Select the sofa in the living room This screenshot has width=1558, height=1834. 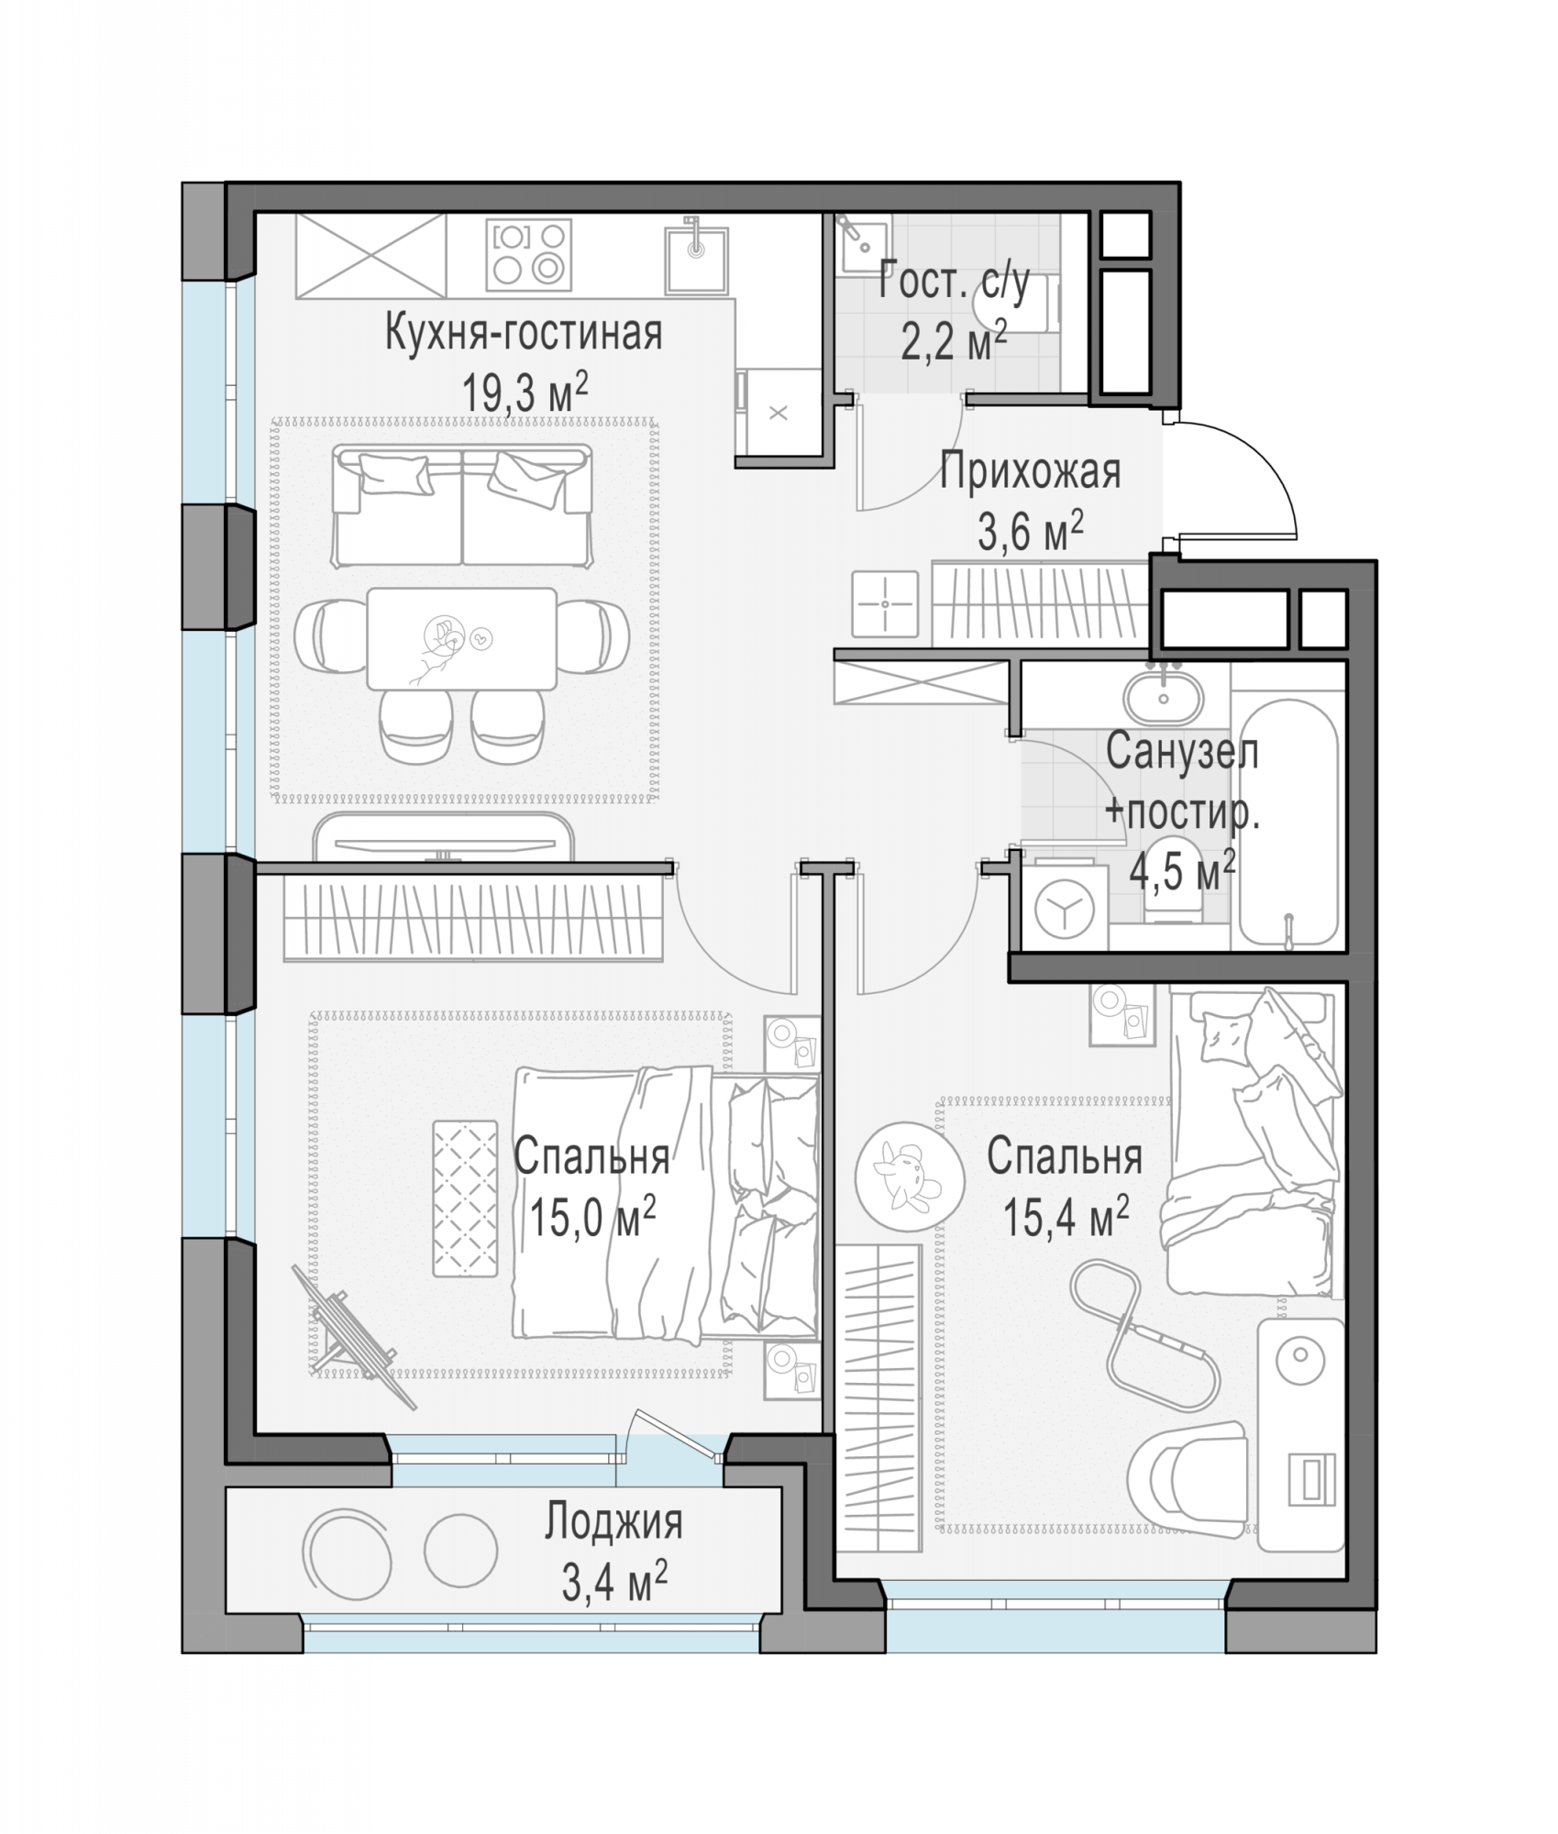(461, 505)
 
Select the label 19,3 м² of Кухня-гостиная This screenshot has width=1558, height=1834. (524, 392)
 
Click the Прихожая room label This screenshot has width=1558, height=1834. (1030, 472)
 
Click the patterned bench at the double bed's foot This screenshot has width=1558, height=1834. (465, 1198)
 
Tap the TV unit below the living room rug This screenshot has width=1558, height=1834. (444, 835)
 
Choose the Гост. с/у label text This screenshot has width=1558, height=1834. (954, 281)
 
